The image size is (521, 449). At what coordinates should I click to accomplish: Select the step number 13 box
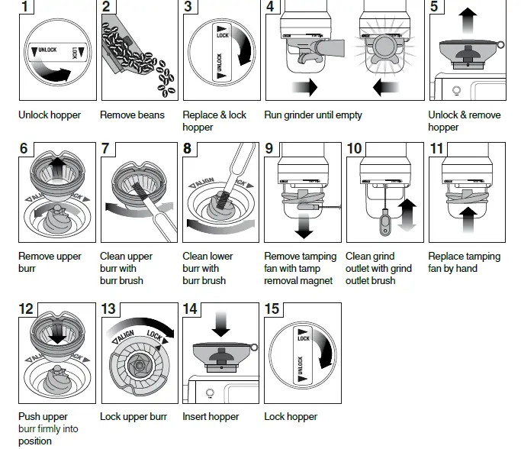(x=109, y=308)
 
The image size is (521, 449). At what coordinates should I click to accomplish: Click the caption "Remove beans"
(x=132, y=115)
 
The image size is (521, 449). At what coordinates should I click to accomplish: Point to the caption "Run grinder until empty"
(x=313, y=115)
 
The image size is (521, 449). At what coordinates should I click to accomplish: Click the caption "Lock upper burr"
(x=133, y=417)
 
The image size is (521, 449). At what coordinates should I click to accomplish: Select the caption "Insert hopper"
(x=211, y=417)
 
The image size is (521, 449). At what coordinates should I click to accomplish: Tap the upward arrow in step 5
(x=467, y=18)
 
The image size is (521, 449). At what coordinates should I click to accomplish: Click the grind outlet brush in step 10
(x=384, y=219)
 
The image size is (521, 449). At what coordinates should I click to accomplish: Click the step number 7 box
(x=109, y=148)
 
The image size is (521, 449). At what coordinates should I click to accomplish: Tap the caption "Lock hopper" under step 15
(x=290, y=417)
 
